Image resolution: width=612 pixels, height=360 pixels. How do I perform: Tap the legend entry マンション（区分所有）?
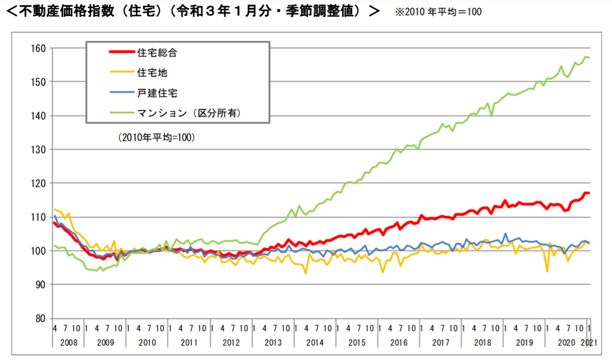click(x=188, y=113)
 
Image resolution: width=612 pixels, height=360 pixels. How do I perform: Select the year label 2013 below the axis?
click(x=273, y=341)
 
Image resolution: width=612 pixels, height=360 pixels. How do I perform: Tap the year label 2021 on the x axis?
click(x=590, y=341)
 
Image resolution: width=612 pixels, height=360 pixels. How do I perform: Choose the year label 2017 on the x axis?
click(x=440, y=341)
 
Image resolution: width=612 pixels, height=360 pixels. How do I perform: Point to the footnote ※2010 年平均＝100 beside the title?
click(x=438, y=12)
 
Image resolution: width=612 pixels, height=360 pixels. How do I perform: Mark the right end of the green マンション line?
click(x=590, y=57)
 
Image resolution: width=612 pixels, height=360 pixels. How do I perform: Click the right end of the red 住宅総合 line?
click(x=590, y=193)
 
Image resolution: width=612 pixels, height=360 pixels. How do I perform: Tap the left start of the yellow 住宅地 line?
click(x=54, y=209)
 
